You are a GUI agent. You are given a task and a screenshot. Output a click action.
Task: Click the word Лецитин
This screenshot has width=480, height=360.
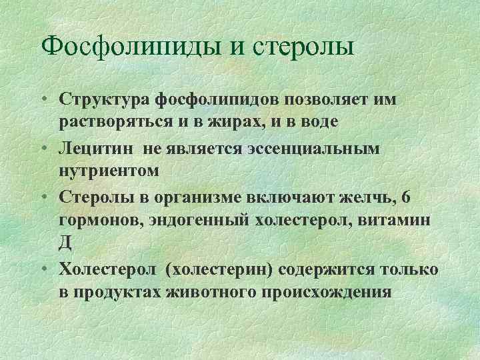97,148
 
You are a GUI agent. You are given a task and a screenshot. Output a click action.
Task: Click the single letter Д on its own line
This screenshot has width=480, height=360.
65,243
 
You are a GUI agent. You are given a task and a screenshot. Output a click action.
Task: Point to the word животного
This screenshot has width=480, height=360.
217,292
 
